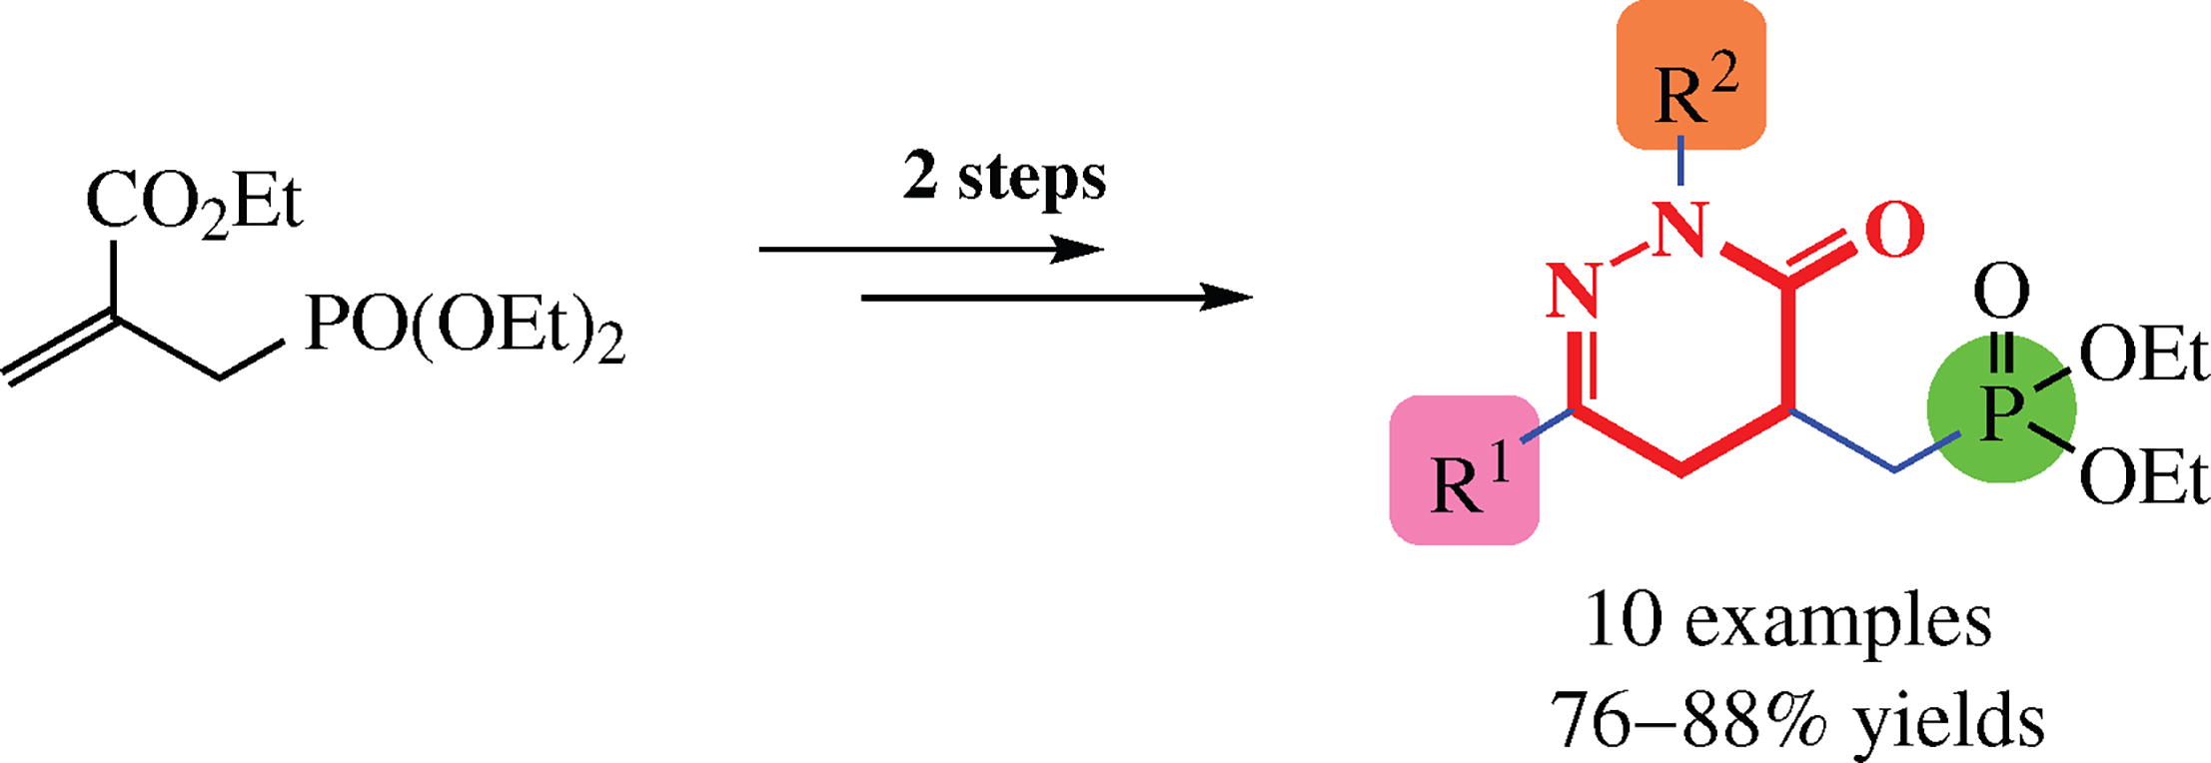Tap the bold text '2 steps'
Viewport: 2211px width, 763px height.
[1004, 178]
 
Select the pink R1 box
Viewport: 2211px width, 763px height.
[1464, 470]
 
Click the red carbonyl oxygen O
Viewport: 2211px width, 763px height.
[1893, 231]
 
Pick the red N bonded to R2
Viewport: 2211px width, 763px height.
[1680, 229]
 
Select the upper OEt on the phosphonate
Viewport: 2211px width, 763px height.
[2144, 356]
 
